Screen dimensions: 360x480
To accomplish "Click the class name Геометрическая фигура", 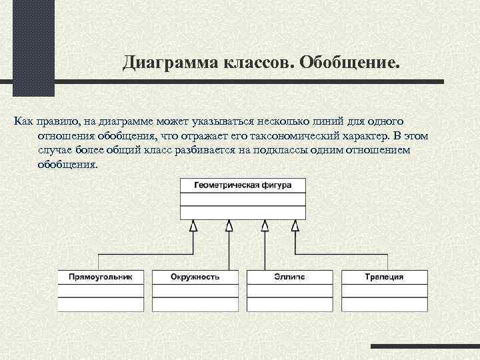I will pyautogui.click(x=243, y=185).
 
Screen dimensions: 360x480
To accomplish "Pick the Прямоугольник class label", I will pyautogui.click(x=101, y=276).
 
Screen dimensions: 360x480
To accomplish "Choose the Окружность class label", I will pyautogui.click(x=195, y=276).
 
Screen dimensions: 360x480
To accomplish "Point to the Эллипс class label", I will pyautogui.click(x=289, y=276).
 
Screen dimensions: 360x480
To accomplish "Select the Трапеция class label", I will pyautogui.click(x=384, y=276).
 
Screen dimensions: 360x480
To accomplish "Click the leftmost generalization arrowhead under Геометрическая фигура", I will pyautogui.click(x=193, y=226).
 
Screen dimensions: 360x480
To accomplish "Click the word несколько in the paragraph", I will pyautogui.click(x=266, y=122).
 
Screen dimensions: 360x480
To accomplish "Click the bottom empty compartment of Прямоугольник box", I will pyautogui.click(x=101, y=304).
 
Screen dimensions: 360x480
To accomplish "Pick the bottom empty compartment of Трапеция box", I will pyautogui.click(x=384, y=304).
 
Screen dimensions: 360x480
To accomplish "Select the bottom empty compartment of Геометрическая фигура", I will pyautogui.click(x=243, y=213).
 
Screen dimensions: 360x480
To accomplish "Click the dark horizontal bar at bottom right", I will pyautogui.click(x=425, y=346).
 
